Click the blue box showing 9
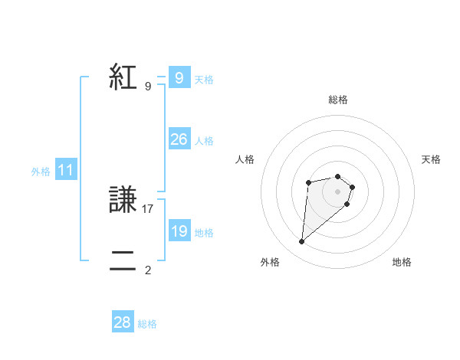tap(179, 78)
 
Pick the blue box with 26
tap(179, 139)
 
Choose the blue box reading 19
tap(179, 231)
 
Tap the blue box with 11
tap(65, 171)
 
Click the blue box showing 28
tap(122, 322)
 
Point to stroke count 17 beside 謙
tap(148, 208)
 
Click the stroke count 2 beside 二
tap(148, 270)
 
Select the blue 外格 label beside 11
tap(41, 172)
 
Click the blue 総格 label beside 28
tap(147, 324)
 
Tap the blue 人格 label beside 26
tap(204, 141)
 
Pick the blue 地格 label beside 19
tap(204, 233)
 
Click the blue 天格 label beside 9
tap(204, 80)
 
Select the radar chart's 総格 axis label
tap(338, 100)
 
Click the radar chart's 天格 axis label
tap(432, 159)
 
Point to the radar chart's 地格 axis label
tap(402, 262)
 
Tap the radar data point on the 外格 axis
tap(302, 242)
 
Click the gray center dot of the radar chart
tap(338, 191)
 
